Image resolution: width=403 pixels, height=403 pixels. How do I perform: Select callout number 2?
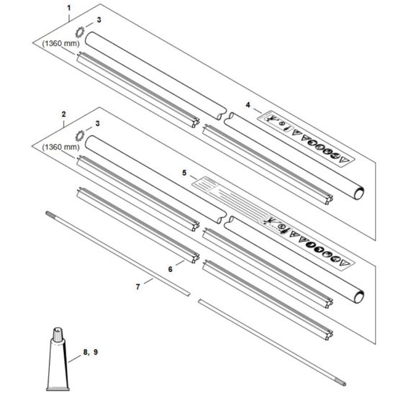[64, 114]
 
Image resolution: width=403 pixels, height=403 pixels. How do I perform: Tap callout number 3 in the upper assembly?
[99, 20]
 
